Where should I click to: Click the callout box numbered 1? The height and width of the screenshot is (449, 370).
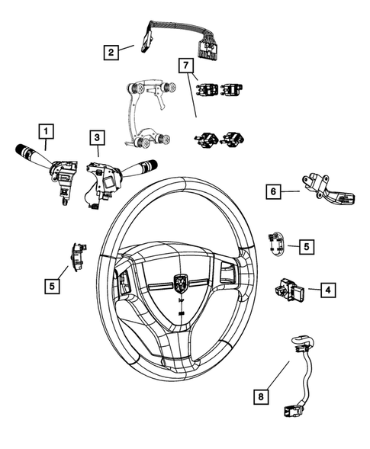click(x=47, y=131)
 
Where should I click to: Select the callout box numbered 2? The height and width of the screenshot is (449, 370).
click(x=111, y=52)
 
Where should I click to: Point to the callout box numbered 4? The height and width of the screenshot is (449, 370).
click(x=326, y=290)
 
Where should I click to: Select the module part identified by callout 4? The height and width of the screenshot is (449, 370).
click(x=290, y=290)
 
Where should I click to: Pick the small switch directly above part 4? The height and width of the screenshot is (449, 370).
click(x=277, y=242)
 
